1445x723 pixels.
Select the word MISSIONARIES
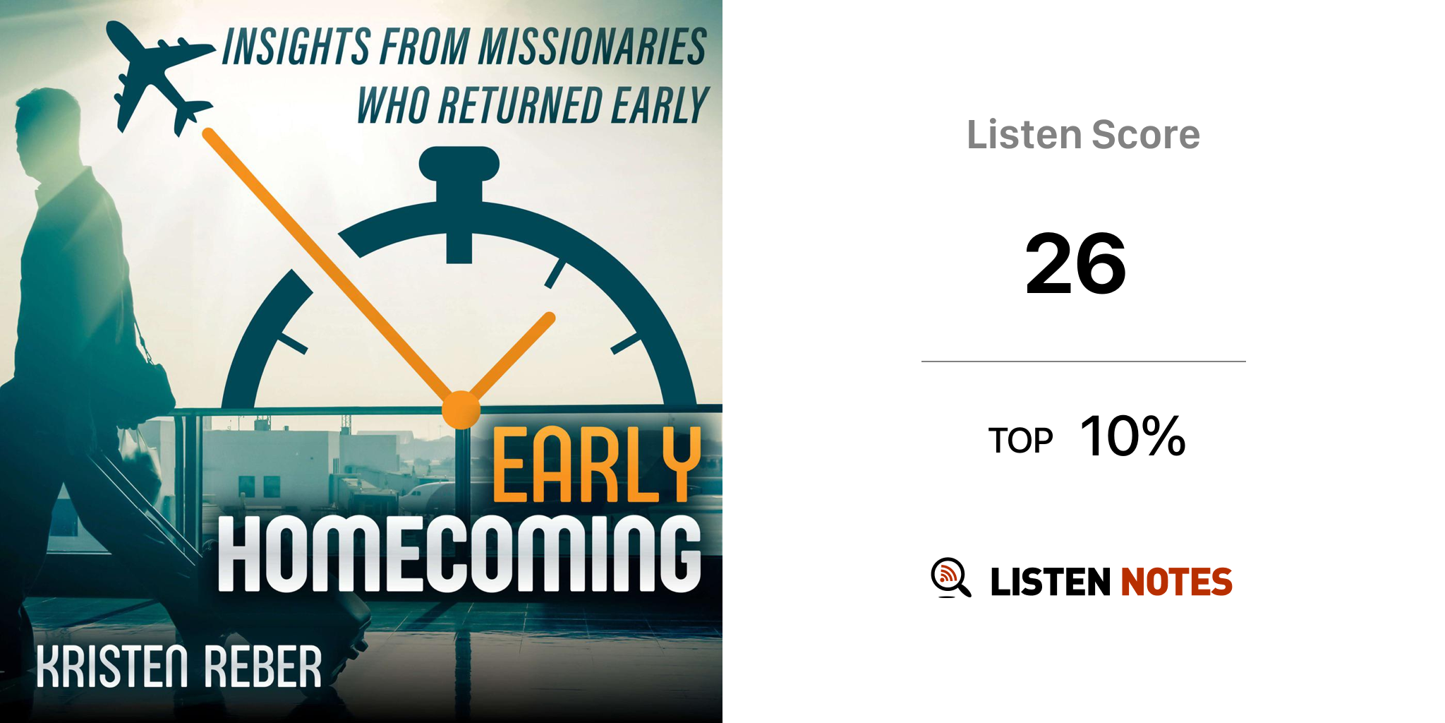coord(593,47)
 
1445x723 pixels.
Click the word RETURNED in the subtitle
coord(520,105)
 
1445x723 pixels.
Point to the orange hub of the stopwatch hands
coord(461,410)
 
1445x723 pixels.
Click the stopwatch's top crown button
coord(459,164)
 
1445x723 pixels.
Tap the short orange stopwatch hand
coord(512,357)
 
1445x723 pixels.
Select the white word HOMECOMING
coord(459,554)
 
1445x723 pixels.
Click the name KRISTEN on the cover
coord(112,666)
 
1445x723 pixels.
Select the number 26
coord(1076,264)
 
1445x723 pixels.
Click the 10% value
coord(1132,436)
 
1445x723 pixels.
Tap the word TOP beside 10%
coord(1020,441)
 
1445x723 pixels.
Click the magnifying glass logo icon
coord(950,578)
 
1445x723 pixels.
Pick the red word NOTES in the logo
coord(1176,582)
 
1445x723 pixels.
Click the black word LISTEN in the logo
coord(1051,582)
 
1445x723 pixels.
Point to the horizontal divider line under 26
coord(1084,361)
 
